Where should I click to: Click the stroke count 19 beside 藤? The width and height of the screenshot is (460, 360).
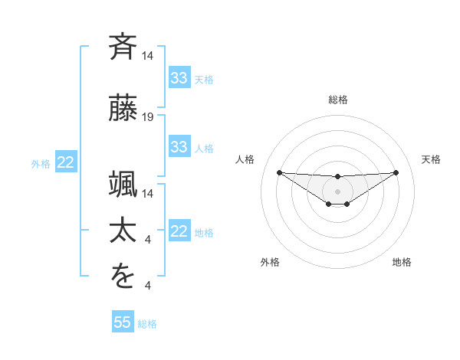coord(148,117)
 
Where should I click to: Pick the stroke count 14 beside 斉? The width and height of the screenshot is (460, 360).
coord(148,56)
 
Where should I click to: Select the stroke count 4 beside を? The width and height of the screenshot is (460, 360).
coord(148,286)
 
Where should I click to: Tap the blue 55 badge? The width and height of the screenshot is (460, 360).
coord(123,322)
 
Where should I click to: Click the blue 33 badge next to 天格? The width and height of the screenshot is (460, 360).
coord(179,78)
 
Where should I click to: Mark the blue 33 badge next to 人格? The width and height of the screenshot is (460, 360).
coord(179,147)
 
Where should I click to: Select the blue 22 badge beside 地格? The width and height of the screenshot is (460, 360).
coord(179,231)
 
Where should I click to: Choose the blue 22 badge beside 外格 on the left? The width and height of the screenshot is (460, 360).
coord(65,162)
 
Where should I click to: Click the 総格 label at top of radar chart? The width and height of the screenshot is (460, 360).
coord(338,100)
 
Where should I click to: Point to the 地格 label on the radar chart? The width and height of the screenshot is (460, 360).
coord(402,262)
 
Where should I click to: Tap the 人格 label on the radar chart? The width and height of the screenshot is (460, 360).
coord(245,159)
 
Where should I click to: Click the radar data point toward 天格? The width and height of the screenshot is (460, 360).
coord(396,172)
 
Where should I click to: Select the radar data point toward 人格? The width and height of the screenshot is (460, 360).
coord(279,172)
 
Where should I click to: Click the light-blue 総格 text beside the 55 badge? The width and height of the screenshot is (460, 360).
coord(147,324)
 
